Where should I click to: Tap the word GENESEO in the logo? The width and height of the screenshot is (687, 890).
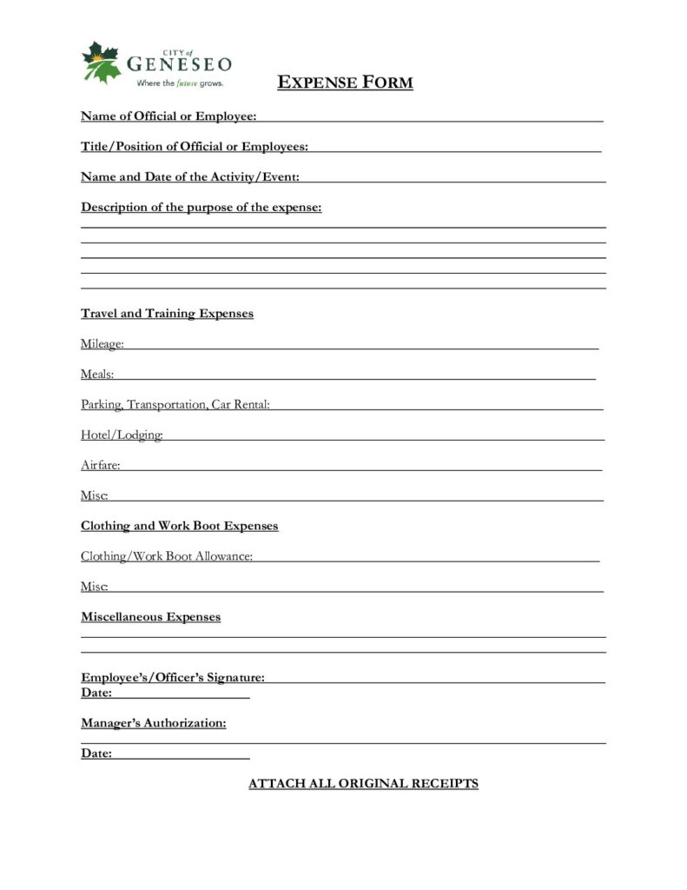[x=180, y=64]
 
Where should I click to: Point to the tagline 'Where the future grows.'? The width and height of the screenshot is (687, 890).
[x=179, y=83]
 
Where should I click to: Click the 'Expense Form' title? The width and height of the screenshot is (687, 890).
[x=345, y=83]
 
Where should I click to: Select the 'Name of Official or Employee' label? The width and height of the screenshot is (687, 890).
[x=168, y=116]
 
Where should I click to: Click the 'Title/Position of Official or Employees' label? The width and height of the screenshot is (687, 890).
[x=194, y=147]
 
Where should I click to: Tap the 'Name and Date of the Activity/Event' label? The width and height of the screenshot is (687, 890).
[x=190, y=177]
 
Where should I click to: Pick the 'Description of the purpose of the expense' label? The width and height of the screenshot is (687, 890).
[x=201, y=208]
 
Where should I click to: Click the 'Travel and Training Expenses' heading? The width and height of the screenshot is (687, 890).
[x=167, y=314]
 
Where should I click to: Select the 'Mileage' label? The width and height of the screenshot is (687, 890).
[x=102, y=344]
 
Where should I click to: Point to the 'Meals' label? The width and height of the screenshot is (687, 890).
[x=97, y=375]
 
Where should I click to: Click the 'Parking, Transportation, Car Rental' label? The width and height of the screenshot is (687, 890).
[x=175, y=405]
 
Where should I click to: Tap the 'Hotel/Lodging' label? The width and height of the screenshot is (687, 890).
[x=122, y=435]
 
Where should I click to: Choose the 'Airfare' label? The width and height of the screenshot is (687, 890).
[x=100, y=466]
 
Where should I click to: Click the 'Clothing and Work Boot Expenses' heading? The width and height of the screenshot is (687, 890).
[x=179, y=527]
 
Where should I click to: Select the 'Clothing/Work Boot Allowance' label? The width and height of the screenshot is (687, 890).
[x=167, y=556]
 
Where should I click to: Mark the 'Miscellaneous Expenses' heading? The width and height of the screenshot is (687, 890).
[x=150, y=617]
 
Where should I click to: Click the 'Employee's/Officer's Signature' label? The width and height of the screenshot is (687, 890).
[x=173, y=677]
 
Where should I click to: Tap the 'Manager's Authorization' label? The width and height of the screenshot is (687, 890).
[x=154, y=723]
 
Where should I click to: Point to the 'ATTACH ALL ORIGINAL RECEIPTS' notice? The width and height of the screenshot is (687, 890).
[x=363, y=784]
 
